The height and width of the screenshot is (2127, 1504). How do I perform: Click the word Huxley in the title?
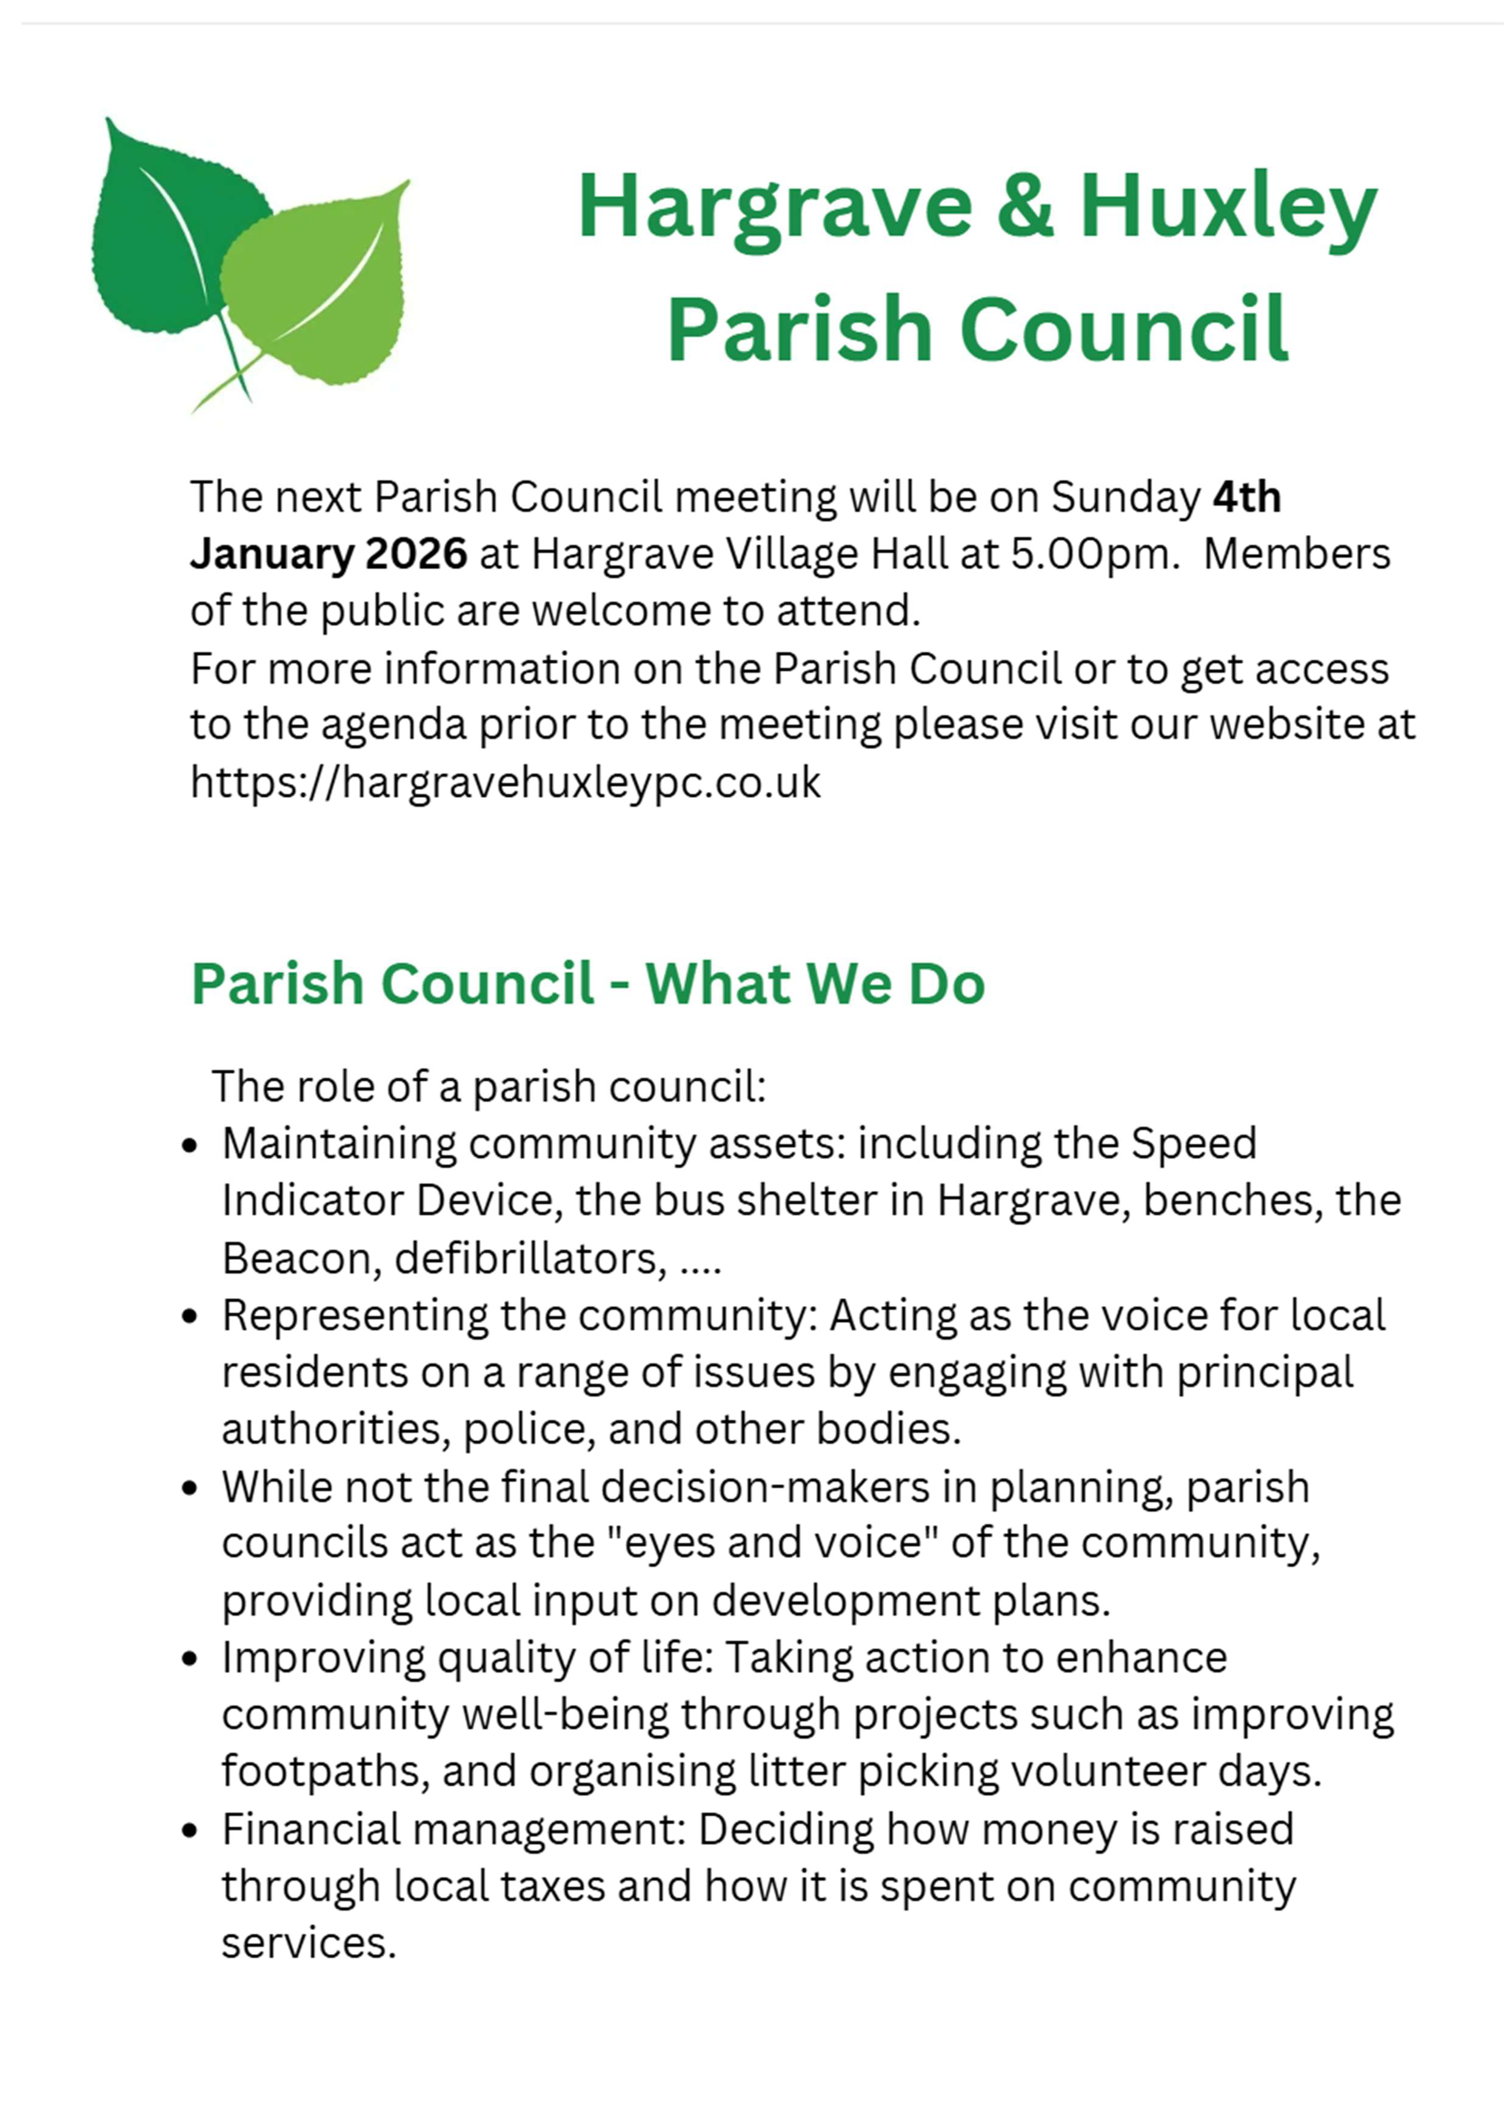pyautogui.click(x=1228, y=209)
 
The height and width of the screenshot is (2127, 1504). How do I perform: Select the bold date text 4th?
pyautogui.click(x=1246, y=497)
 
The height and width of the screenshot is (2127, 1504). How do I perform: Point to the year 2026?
pyautogui.click(x=416, y=554)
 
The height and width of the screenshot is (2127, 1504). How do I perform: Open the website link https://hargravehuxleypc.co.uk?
pyautogui.click(x=505, y=782)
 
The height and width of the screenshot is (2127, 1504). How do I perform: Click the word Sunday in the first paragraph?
pyautogui.click(x=1125, y=497)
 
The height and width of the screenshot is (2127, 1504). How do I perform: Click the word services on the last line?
pyautogui.click(x=307, y=1943)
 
